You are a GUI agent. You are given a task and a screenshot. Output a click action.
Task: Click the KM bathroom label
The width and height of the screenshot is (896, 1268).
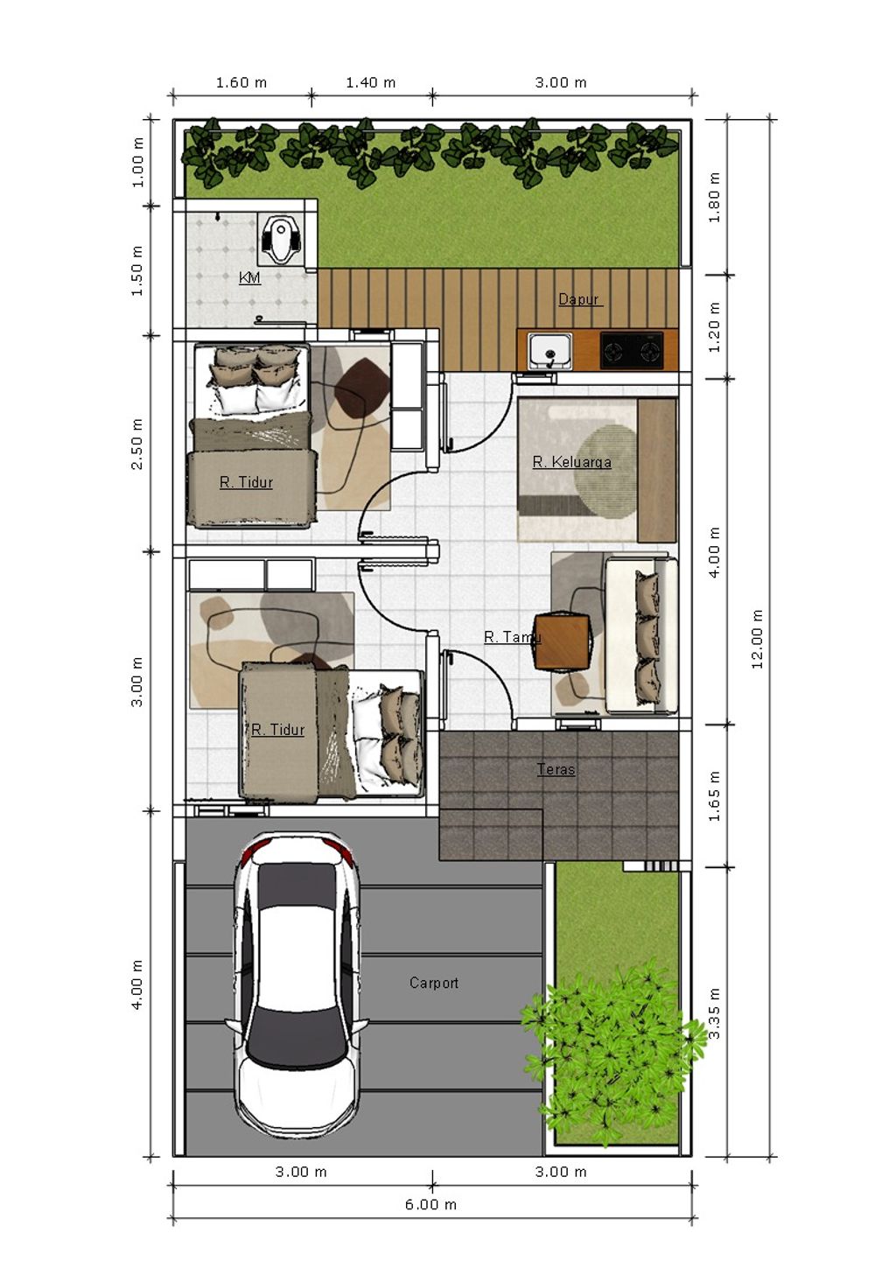click(249, 277)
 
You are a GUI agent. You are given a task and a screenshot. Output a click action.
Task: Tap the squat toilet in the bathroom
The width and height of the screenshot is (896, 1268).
click(280, 238)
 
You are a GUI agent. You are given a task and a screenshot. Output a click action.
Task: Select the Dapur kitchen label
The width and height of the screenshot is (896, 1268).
click(578, 299)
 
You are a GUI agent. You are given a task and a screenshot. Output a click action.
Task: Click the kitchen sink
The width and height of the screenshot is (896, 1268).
click(549, 350)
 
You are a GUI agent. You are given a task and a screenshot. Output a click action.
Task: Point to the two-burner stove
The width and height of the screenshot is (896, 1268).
click(632, 351)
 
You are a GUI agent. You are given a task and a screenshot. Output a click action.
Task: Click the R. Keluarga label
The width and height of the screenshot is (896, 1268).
click(571, 462)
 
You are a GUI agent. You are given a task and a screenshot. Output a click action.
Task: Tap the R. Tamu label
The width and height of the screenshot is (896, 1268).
click(512, 637)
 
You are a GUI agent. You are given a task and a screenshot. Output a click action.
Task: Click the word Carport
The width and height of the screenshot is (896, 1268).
click(434, 983)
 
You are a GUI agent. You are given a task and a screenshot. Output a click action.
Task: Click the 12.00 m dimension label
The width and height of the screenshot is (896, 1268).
click(758, 639)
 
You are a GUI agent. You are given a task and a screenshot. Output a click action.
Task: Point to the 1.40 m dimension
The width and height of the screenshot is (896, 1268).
click(370, 82)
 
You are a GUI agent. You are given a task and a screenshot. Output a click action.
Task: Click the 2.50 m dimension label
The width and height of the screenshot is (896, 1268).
click(137, 444)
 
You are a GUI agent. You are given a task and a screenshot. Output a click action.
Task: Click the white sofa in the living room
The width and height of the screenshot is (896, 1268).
click(641, 635)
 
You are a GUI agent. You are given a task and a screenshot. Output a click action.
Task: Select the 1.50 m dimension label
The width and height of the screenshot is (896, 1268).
click(137, 270)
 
